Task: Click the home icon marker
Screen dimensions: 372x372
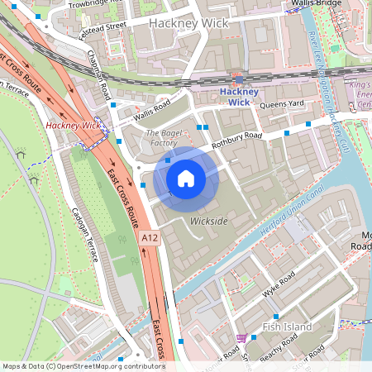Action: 186,178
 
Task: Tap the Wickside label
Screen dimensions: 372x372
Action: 208,221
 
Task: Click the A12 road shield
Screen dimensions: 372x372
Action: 149,238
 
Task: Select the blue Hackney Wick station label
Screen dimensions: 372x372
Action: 239,97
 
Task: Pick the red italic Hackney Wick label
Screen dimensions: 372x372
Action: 74,126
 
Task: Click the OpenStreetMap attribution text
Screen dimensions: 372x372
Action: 83,366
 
